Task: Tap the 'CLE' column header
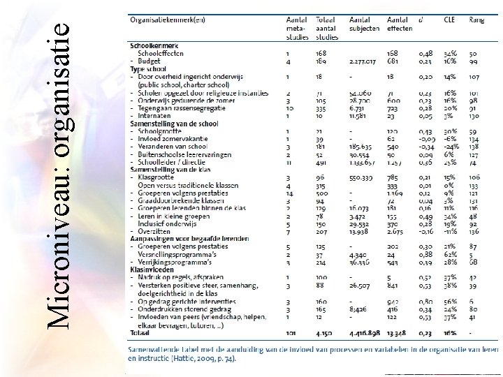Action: pos(450,20)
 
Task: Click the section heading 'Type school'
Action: pos(149,68)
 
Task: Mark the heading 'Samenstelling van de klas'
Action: pos(170,170)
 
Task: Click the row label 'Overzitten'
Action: pos(154,231)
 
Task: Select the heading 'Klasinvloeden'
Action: pos(153,269)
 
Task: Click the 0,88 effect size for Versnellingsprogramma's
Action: pos(425,255)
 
